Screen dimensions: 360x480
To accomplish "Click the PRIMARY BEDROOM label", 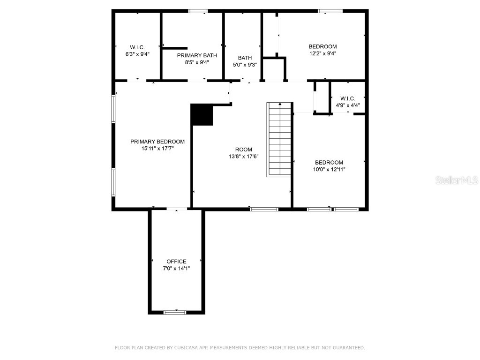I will (157, 142).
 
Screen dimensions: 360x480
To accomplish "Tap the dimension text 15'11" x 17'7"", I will (157, 149).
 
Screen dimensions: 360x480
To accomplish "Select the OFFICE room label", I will (176, 262).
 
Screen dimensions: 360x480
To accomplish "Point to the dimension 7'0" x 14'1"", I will (176, 269).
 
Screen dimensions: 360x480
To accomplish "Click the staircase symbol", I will (279, 139).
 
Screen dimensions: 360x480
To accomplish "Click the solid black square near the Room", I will (202, 115).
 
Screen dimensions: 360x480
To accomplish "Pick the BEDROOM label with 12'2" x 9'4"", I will (322, 46).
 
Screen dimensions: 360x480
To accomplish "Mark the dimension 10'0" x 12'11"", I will (329, 170).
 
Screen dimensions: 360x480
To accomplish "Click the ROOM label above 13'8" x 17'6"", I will (244, 150).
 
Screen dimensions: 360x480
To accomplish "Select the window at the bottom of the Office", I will (175, 312).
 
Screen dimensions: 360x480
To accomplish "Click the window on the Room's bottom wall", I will (264, 209).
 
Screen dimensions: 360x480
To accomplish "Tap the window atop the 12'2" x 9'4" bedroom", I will (330, 11).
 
